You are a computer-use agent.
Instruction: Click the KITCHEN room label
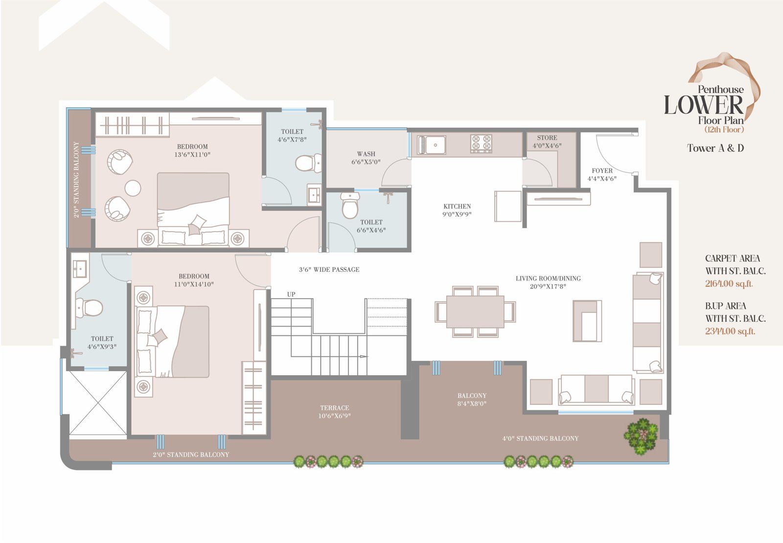pos(457,206)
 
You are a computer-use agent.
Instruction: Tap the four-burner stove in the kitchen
pos(481,143)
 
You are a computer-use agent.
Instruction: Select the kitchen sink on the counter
pos(431,145)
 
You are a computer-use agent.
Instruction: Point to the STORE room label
pos(547,138)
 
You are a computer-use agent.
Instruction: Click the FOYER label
pos(602,170)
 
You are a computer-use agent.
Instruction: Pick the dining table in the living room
pos(475,312)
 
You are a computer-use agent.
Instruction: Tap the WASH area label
pos(366,154)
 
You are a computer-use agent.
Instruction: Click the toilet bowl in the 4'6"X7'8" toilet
pos(308,163)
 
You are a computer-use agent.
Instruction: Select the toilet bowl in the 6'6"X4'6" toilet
pos(350,205)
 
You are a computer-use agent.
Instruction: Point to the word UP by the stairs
pos(291,294)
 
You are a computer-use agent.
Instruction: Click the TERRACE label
pos(335,408)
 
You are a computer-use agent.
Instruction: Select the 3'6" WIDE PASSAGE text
pos(329,270)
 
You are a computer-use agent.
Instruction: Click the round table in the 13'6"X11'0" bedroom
pos(133,188)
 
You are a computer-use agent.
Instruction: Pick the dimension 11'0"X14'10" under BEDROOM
pos(194,284)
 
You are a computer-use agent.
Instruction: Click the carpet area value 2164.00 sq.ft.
pos(729,283)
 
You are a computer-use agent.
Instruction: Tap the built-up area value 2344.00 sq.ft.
pos(730,331)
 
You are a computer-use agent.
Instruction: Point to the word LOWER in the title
pos(704,105)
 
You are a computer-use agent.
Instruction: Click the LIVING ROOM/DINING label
pos(548,279)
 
